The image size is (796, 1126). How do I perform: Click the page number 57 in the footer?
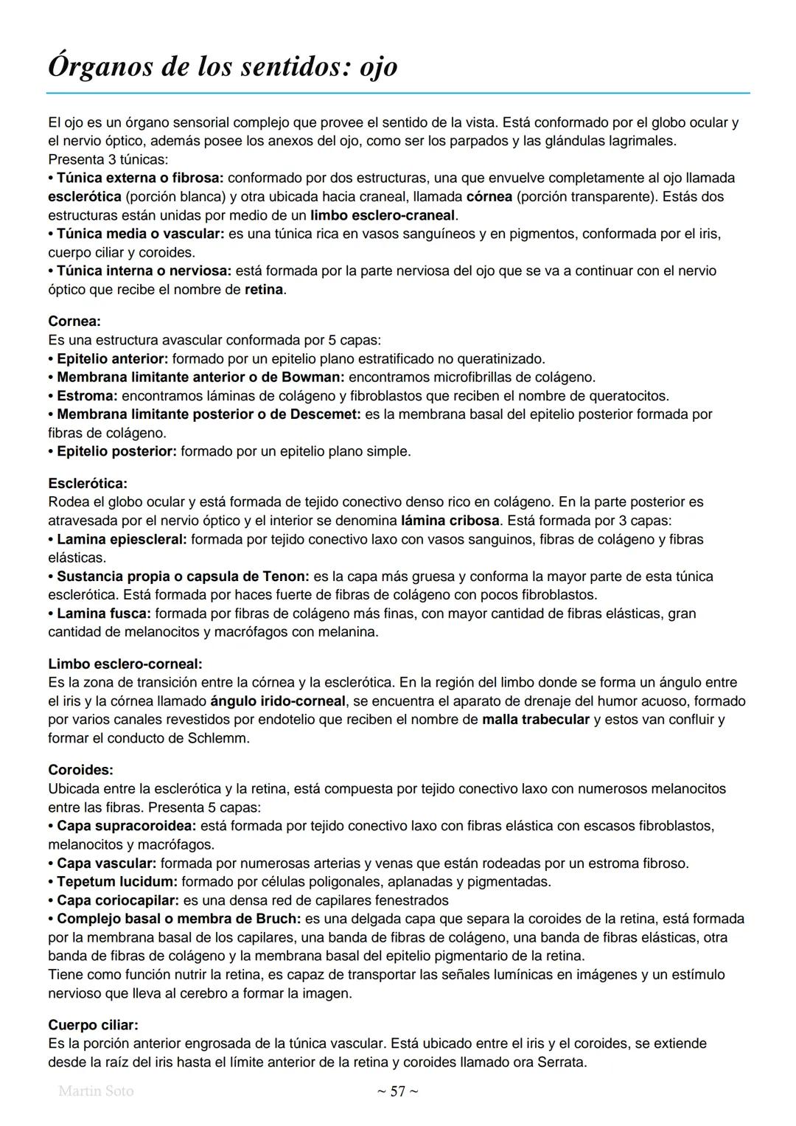397,1091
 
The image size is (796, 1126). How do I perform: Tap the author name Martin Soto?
96,1091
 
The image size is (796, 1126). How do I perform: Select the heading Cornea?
74,322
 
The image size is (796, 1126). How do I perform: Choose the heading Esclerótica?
88,484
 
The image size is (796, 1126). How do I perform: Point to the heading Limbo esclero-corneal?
125,664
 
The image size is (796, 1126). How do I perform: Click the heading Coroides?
80,770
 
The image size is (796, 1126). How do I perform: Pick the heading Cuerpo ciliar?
93,1025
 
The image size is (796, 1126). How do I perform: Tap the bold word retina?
264,290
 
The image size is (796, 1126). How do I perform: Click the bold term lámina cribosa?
450,521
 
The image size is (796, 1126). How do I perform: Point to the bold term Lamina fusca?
103,614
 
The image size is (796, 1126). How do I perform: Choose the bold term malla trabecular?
536,719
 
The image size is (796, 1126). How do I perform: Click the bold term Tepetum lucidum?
116,882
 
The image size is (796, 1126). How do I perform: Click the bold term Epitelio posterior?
116,451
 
